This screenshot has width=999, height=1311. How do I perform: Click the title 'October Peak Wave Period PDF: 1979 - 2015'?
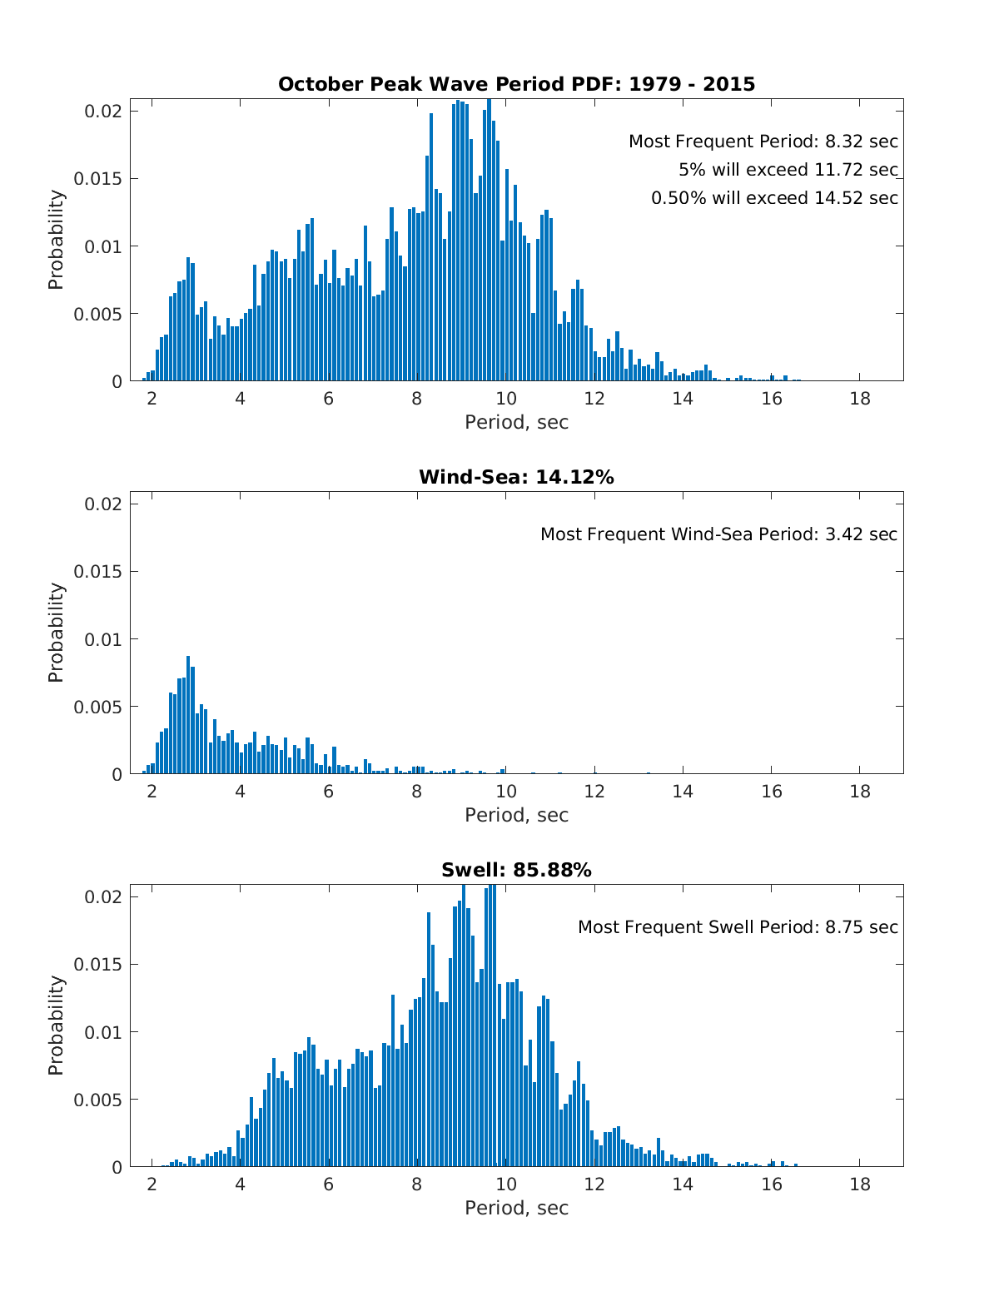coord(516,84)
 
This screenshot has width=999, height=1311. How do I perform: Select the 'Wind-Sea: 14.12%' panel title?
coord(516,477)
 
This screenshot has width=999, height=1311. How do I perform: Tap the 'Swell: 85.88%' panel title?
coord(516,870)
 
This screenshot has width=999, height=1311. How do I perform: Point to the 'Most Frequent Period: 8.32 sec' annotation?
coord(763,142)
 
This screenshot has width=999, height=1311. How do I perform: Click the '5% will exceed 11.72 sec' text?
coord(788,170)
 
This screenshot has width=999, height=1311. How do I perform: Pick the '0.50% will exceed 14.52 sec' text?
coord(774,198)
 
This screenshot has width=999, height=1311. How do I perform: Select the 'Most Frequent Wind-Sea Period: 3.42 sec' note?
coord(719,534)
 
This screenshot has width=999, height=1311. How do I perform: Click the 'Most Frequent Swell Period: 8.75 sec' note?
coord(738,927)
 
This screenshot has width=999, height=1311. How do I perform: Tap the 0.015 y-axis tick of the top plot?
coord(97,179)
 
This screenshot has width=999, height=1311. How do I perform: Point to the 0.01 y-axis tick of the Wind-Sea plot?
coord(104,639)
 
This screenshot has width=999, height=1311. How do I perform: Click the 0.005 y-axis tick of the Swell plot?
coord(97,1100)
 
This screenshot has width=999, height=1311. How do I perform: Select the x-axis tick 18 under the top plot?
coord(860,399)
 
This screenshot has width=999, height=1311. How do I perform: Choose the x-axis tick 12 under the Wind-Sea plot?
coord(594,792)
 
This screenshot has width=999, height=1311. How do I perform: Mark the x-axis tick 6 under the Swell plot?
coord(329,1184)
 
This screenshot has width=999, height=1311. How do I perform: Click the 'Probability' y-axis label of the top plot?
coord(56,240)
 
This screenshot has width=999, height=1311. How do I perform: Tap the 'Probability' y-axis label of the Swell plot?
coord(56,1025)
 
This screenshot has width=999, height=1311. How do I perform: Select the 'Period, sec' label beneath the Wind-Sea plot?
coord(516,816)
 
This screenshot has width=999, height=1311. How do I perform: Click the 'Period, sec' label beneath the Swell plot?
coord(516,1209)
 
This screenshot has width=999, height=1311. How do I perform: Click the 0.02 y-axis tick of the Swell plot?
coord(104,897)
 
